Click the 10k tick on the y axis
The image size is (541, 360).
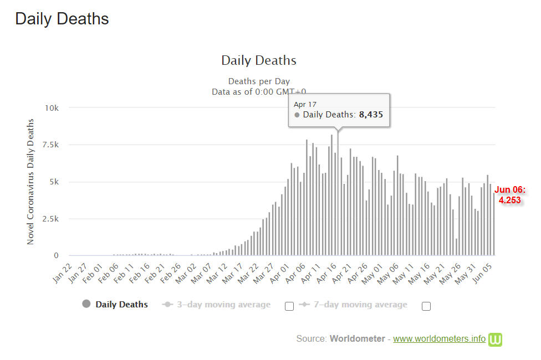point(52,108)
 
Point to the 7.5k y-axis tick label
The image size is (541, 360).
point(50,145)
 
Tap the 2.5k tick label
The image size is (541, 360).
point(50,219)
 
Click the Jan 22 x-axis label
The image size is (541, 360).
point(63,273)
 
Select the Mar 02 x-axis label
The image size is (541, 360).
point(186,273)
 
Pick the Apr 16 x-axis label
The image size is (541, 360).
point(326,273)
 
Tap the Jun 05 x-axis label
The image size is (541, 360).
point(482,273)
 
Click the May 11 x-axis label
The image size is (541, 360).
point(404,274)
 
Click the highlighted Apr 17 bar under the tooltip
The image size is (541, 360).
point(338,193)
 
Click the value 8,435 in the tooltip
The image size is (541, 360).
point(371,115)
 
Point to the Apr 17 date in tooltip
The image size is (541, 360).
point(305,105)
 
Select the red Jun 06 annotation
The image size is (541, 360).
point(510,195)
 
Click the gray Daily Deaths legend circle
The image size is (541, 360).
point(86,304)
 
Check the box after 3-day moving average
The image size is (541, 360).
point(289,306)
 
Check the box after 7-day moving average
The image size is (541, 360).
point(426,306)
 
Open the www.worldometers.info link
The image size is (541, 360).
point(439,338)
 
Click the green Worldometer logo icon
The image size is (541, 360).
point(495,340)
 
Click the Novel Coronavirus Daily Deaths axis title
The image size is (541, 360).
point(30,182)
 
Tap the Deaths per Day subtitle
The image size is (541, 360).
point(259,81)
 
